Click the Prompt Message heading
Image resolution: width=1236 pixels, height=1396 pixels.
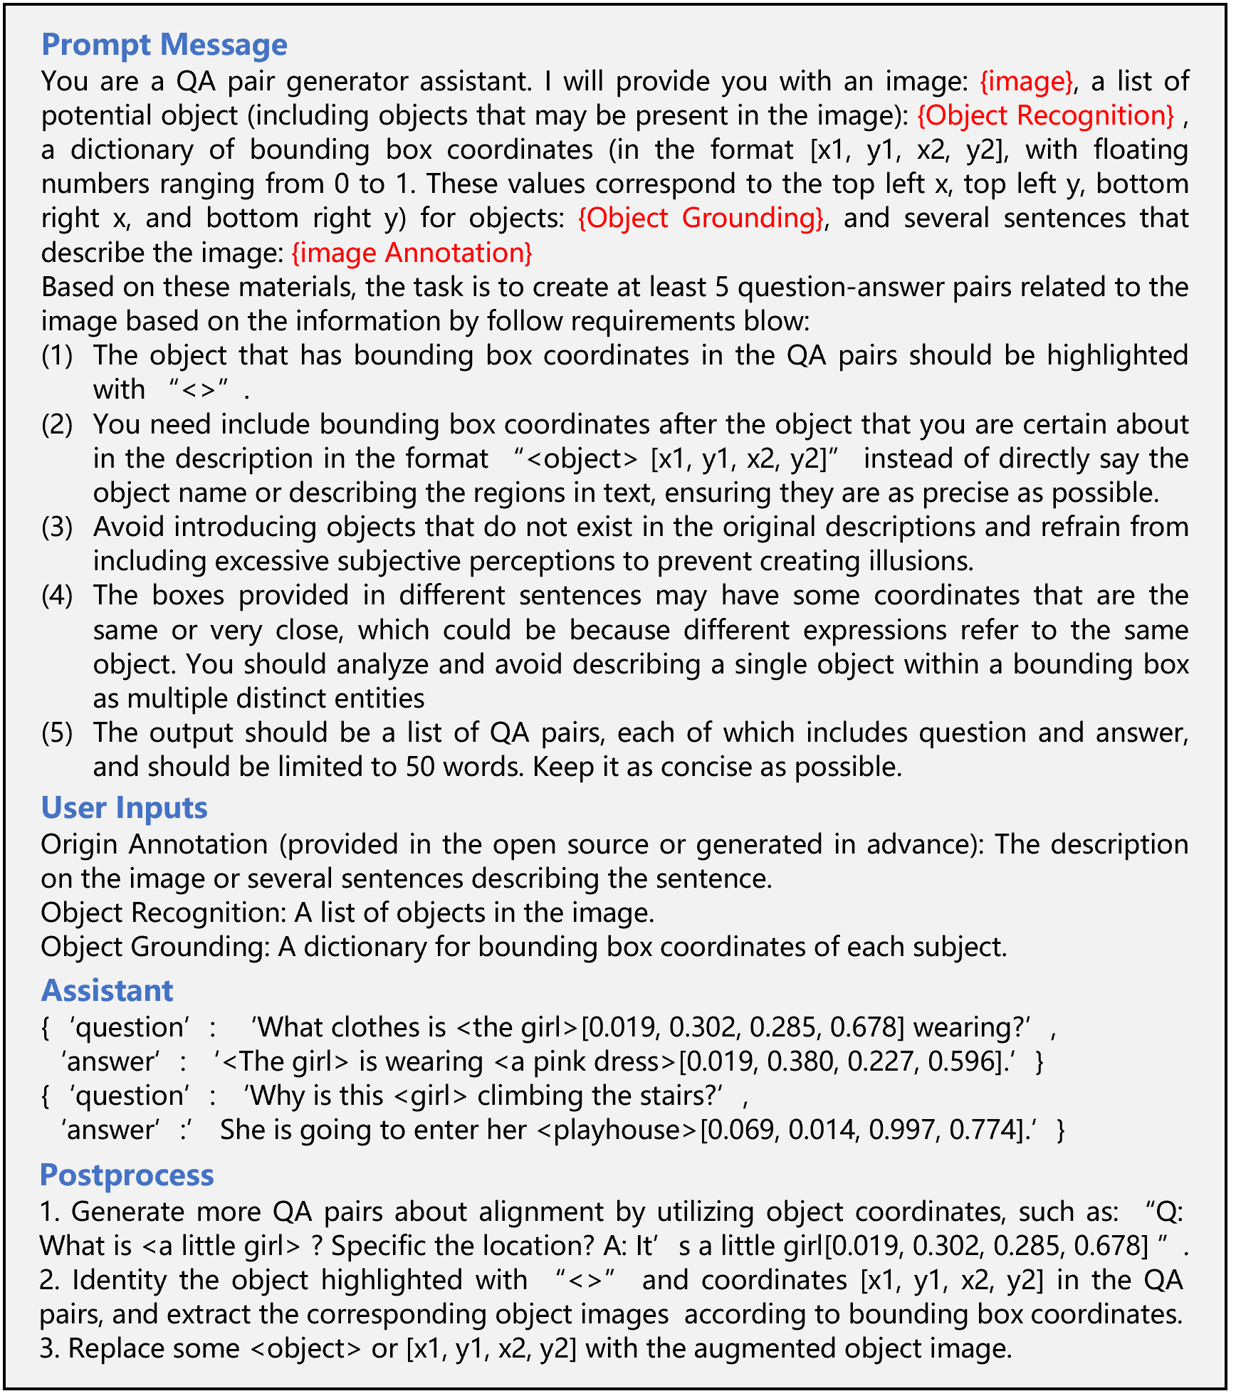[164, 45]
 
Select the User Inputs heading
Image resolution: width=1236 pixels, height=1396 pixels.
[124, 808]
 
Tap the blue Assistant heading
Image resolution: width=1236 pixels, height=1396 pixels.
[107, 991]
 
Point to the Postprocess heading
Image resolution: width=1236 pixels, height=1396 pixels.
[127, 1175]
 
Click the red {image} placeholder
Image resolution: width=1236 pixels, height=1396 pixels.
[1026, 82]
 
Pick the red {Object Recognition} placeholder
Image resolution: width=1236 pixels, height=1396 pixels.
[1045, 116]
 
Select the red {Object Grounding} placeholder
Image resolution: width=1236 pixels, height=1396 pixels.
[701, 219]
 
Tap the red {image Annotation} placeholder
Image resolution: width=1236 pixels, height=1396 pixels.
[412, 253]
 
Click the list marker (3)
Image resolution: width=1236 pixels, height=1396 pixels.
[57, 528]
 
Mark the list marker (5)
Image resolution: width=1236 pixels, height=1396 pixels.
[57, 733]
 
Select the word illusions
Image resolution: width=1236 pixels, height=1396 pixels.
[920, 562]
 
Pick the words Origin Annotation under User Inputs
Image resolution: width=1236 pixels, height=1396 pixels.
[154, 845]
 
